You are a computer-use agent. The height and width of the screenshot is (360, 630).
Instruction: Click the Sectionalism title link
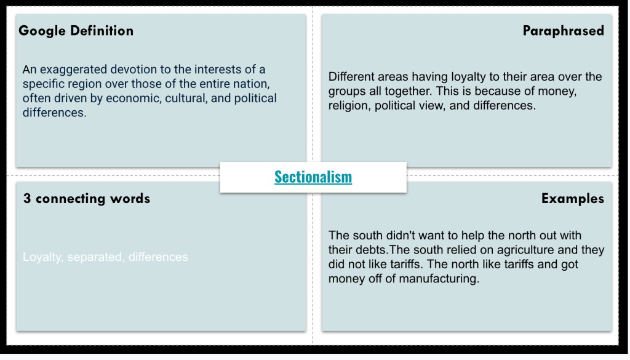point(313,177)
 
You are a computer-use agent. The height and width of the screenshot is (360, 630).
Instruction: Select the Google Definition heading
point(76,31)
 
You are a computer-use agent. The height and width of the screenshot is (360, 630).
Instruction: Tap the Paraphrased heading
point(563,31)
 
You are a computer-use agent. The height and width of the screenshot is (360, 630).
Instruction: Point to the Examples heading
point(572,198)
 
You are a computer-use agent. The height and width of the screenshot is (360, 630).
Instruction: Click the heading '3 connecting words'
point(86,198)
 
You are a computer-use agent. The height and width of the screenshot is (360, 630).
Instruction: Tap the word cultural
point(186,98)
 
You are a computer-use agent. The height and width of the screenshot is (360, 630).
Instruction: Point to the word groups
point(348,91)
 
